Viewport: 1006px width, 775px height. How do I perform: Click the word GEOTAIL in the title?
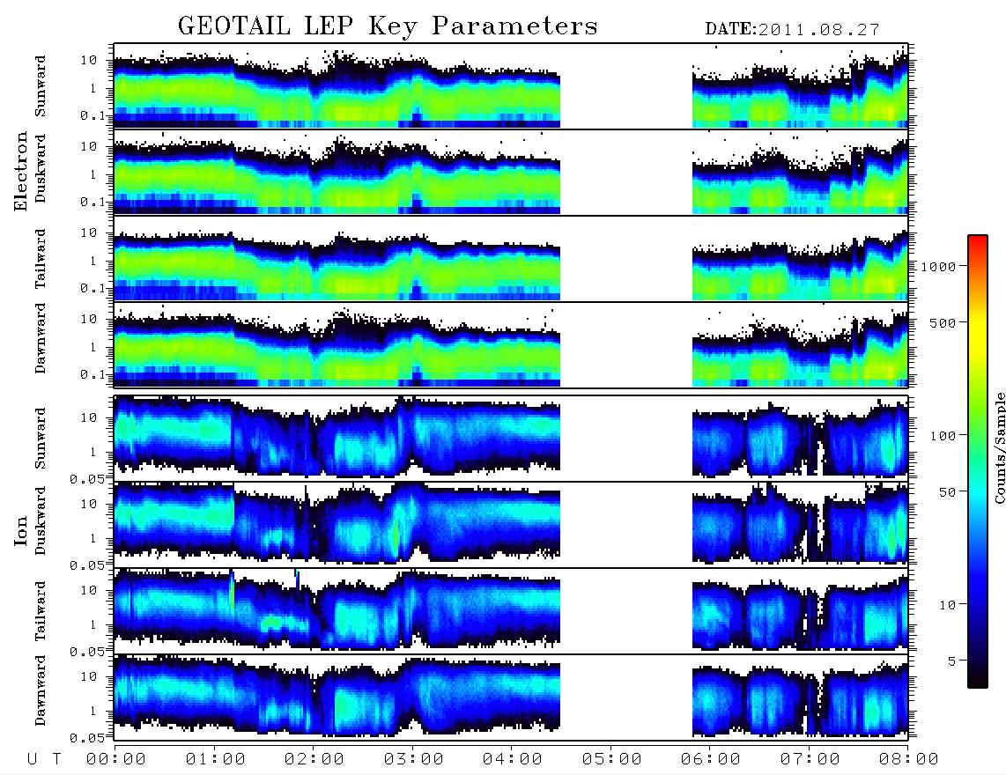[233, 26]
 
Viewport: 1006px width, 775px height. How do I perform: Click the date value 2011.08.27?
[818, 30]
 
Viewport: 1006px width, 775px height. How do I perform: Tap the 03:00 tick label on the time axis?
[413, 759]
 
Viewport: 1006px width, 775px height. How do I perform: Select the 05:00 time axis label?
[611, 759]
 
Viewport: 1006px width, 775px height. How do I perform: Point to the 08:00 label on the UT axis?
[908, 759]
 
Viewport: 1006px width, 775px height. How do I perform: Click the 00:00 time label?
[116, 759]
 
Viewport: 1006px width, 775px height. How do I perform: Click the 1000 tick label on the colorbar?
[938, 266]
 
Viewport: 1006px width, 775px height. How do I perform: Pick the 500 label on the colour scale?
[943, 322]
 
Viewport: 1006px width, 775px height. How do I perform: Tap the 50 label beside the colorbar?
[947, 492]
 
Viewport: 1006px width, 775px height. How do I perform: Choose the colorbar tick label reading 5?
[951, 661]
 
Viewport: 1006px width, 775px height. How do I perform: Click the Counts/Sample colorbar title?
[999, 448]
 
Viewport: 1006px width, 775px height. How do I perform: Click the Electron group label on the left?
[20, 171]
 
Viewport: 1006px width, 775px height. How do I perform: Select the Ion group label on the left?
[20, 530]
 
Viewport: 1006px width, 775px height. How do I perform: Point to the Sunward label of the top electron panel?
[41, 86]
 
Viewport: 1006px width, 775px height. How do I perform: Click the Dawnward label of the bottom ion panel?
[41, 690]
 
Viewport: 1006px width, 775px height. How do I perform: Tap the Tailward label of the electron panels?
[41, 259]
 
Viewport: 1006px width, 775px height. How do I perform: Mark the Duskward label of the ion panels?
[41, 521]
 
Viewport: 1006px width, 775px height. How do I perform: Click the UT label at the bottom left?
[44, 759]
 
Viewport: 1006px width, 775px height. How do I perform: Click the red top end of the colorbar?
[978, 238]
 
